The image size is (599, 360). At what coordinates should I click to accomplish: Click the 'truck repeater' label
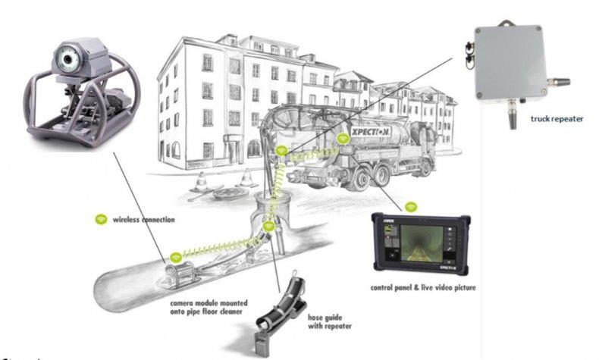(x=557, y=140)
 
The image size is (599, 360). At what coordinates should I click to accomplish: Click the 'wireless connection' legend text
(x=143, y=220)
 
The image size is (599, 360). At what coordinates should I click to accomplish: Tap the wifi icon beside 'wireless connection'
(x=100, y=220)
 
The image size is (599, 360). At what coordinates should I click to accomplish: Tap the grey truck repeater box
(x=509, y=62)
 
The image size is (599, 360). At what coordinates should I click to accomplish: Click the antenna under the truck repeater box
(x=513, y=116)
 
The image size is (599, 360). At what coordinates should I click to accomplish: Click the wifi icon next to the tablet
(x=410, y=206)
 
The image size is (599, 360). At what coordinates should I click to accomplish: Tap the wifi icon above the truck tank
(x=343, y=138)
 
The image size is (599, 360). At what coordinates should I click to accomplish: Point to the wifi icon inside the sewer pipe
(x=175, y=258)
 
